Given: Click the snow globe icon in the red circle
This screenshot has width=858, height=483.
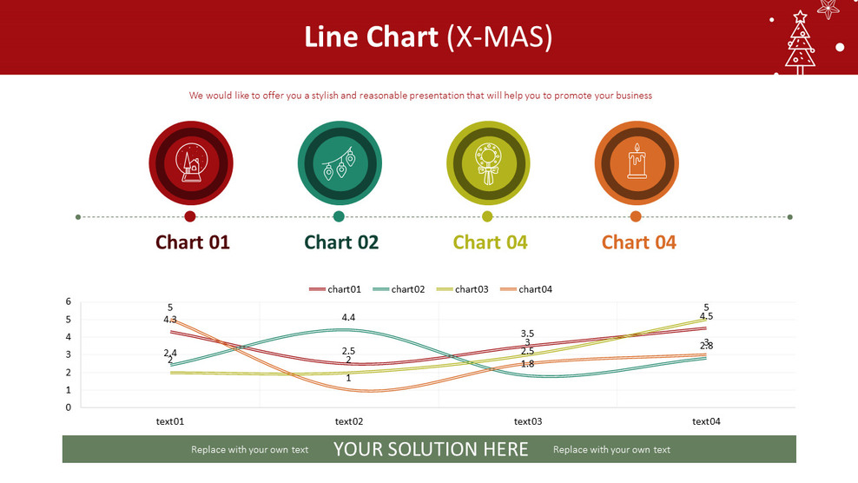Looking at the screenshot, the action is pos(191,162).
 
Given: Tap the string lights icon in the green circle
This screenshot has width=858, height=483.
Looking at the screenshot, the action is pos(340,163).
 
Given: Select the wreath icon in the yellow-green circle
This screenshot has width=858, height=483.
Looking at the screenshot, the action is pos(488,163).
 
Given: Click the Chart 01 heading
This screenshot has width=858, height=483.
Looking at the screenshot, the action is pos(193,242).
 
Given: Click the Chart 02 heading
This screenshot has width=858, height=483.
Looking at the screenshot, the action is pos(341,242).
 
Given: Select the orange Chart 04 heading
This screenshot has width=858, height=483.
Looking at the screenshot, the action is pos(639,242).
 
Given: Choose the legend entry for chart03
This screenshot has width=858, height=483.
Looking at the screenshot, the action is pos(462,289).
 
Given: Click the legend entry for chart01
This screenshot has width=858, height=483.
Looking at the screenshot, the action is pos(335,289).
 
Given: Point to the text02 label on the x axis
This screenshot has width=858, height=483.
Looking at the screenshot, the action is pos(349,421).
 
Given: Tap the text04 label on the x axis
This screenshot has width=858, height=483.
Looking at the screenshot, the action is pos(706,421).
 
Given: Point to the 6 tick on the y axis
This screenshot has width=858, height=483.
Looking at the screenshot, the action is pos(69,301).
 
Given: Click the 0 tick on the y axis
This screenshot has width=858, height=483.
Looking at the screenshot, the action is pos(69,407).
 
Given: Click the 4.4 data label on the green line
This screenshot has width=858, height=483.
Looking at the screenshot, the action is pos(348,317).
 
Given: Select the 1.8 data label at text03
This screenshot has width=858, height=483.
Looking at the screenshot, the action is pos(527,364).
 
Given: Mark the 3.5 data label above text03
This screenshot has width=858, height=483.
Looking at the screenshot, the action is pos(527,334).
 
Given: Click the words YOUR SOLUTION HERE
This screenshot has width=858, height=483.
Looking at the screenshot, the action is pos(432,449).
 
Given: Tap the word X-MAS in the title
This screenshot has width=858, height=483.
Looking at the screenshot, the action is pos(499,37).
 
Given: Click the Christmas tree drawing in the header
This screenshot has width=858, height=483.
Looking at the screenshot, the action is pos(800,43).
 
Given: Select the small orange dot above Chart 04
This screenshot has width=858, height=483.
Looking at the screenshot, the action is pos(636,217).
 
